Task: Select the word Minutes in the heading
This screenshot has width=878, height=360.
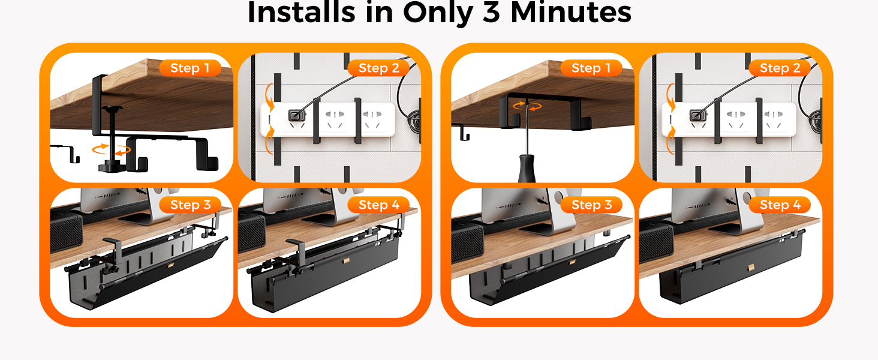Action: point(570,13)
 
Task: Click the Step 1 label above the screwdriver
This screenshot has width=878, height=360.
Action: point(591,68)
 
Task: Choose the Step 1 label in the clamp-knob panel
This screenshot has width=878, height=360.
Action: point(190,68)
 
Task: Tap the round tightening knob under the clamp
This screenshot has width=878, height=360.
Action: point(110,164)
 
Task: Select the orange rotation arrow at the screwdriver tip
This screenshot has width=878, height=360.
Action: point(525,106)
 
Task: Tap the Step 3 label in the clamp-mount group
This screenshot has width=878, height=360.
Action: point(190,205)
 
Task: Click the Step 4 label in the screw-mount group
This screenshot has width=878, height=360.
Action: point(779,205)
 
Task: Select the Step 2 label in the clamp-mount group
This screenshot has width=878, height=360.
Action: point(378,68)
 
